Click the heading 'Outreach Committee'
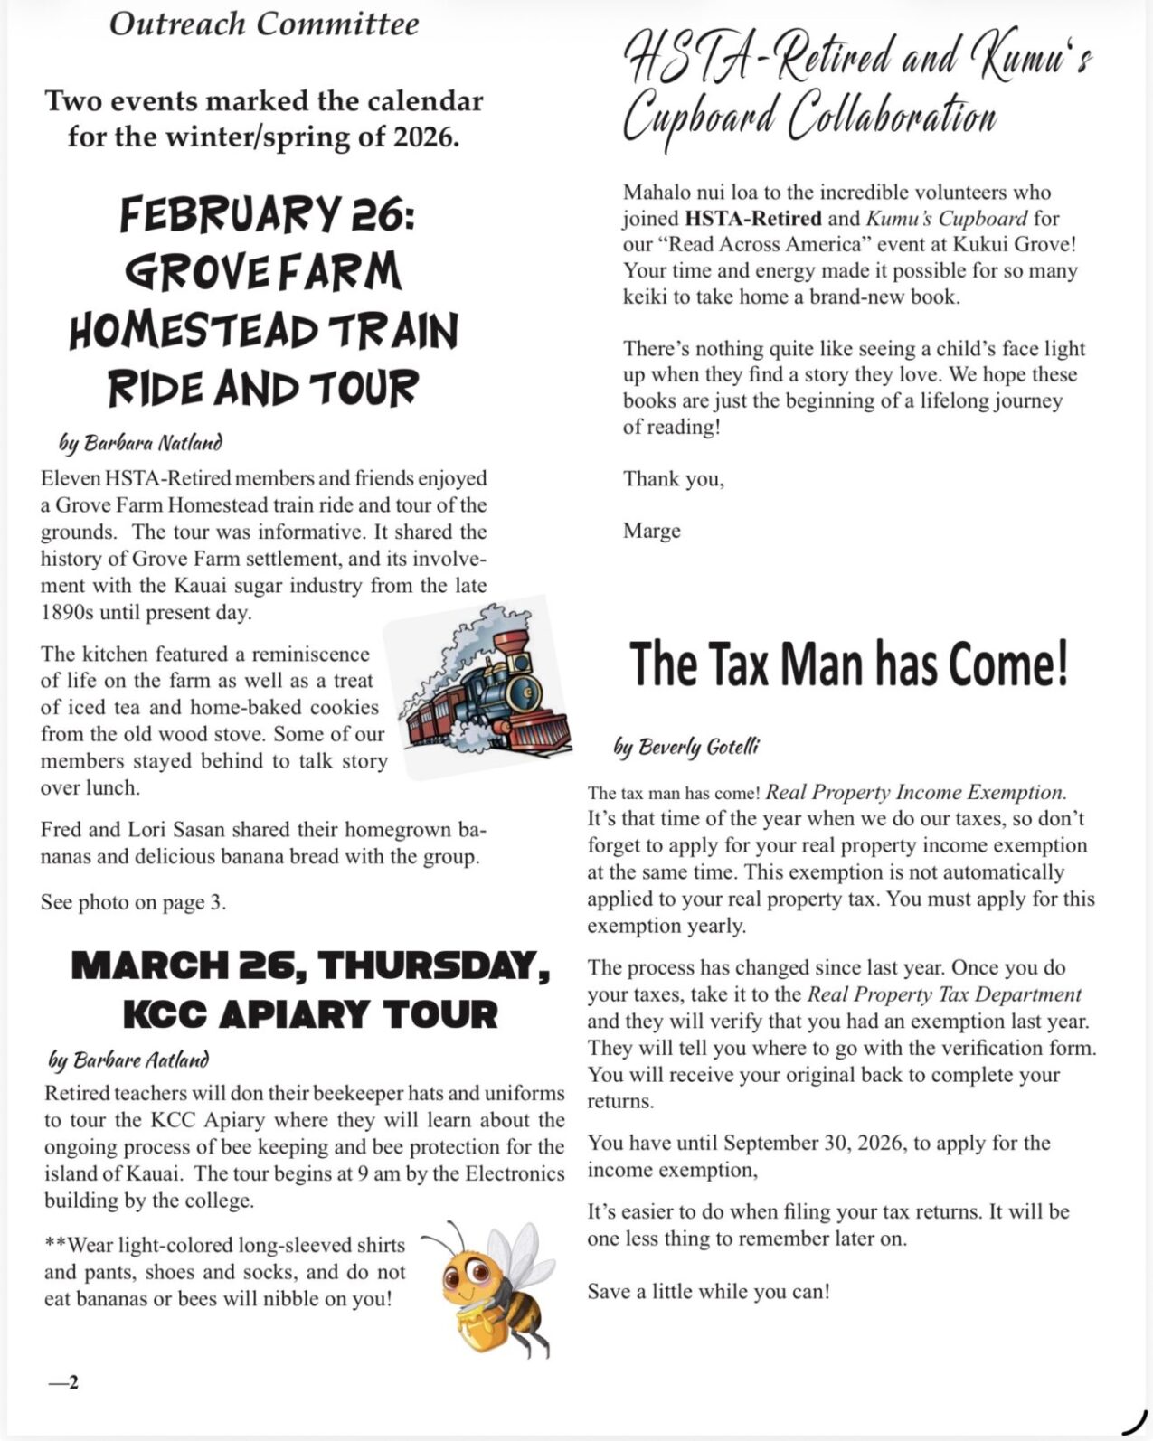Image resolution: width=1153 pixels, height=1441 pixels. pos(264,24)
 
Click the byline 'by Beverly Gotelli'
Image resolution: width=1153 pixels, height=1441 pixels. pos(686,747)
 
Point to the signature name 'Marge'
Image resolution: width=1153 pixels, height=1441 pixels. pos(651,531)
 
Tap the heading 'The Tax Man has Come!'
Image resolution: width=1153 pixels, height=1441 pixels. pos(848,664)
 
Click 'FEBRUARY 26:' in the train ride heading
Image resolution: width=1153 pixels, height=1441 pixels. pos(267,215)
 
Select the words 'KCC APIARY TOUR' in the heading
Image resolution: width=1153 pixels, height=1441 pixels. pos(310,1014)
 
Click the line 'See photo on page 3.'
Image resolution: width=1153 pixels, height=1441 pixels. pos(133,902)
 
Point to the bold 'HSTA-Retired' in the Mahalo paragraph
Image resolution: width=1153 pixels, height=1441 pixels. pos(752,218)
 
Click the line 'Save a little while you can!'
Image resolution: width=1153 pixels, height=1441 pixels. pos(708,1291)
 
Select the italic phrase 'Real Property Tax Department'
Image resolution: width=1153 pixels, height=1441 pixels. pos(944,994)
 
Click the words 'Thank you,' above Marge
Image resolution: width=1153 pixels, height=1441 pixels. pos(673,478)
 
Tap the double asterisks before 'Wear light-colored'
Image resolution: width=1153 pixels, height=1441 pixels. pos(55,1245)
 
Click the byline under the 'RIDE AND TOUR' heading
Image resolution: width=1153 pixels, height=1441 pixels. pos(140,443)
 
